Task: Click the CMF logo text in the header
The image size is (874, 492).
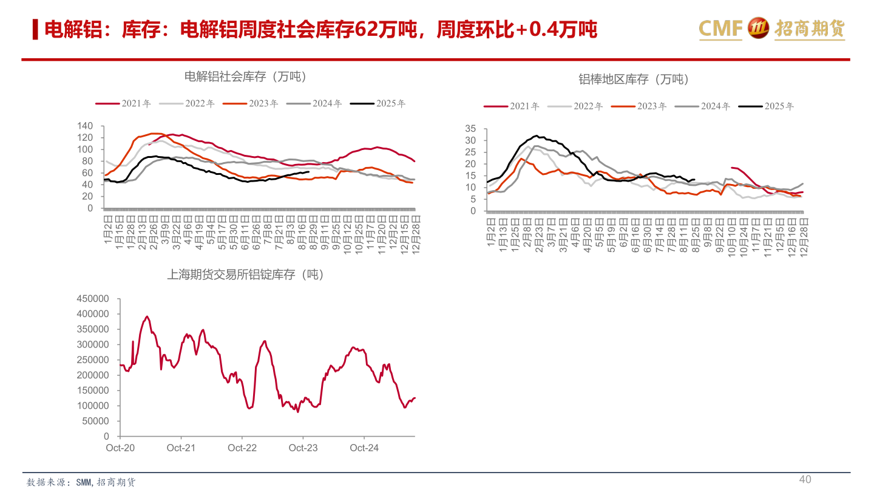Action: (x=720, y=29)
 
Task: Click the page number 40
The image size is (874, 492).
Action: (x=805, y=480)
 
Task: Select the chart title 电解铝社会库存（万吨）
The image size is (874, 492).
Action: (x=245, y=77)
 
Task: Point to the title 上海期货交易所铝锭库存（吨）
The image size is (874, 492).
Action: (x=245, y=275)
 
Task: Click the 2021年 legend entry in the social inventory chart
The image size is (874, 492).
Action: (x=123, y=104)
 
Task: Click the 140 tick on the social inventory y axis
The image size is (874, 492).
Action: (x=85, y=126)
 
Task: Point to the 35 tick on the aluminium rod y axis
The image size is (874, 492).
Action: (x=471, y=129)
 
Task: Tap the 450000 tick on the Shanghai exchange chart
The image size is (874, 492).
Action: (x=93, y=299)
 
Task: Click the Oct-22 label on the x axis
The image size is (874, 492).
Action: (x=242, y=448)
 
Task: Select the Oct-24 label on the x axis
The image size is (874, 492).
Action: (x=364, y=448)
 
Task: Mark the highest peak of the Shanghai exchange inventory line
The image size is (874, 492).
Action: (x=147, y=316)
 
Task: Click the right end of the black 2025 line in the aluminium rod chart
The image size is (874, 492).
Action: (x=694, y=179)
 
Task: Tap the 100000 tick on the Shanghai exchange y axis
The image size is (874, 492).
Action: (x=93, y=406)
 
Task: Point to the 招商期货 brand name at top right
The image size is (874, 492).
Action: (x=810, y=29)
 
